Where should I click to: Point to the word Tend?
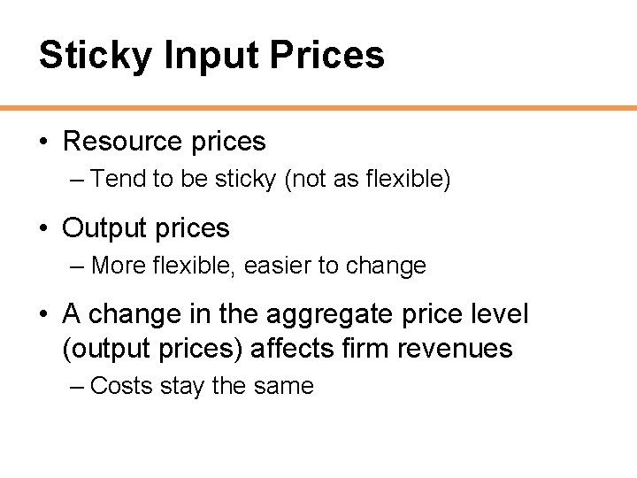click(118, 179)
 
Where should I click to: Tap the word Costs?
click(122, 386)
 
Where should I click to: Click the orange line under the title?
click(318, 108)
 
